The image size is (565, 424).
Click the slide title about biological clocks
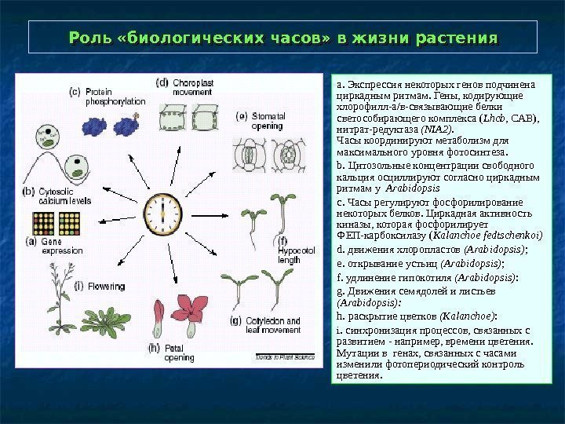(283, 38)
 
